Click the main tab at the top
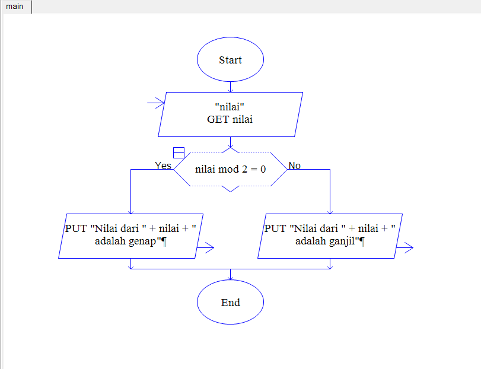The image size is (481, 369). pos(15,7)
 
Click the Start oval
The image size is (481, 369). pos(230,60)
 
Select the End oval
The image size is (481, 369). pos(230,303)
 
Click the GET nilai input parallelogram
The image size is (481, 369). pos(230,114)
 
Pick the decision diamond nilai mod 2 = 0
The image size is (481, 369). pos(230,169)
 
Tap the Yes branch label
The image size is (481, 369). pos(163,166)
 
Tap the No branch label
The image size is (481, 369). pos(294,166)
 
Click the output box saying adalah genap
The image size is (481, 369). pos(130,236)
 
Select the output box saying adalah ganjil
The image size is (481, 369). pos(330,236)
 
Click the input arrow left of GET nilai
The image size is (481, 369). pos(156,104)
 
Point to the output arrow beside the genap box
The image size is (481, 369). pos(205,249)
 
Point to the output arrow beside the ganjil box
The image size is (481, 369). pos(405,249)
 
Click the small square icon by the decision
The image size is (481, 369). pos(179,152)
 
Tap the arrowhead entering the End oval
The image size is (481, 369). pos(230,277)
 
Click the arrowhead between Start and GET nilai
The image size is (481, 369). pos(230,90)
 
